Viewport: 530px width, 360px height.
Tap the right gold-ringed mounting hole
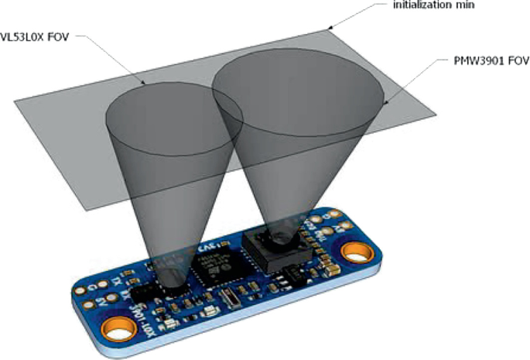(356, 252)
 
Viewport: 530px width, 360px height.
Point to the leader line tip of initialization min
(330, 28)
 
